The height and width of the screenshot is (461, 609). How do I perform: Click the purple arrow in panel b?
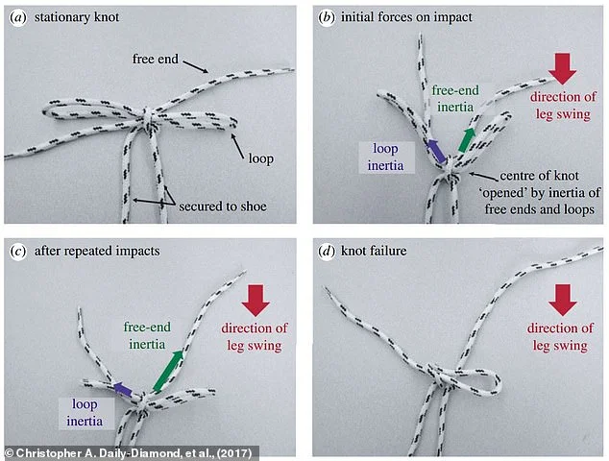437,151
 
